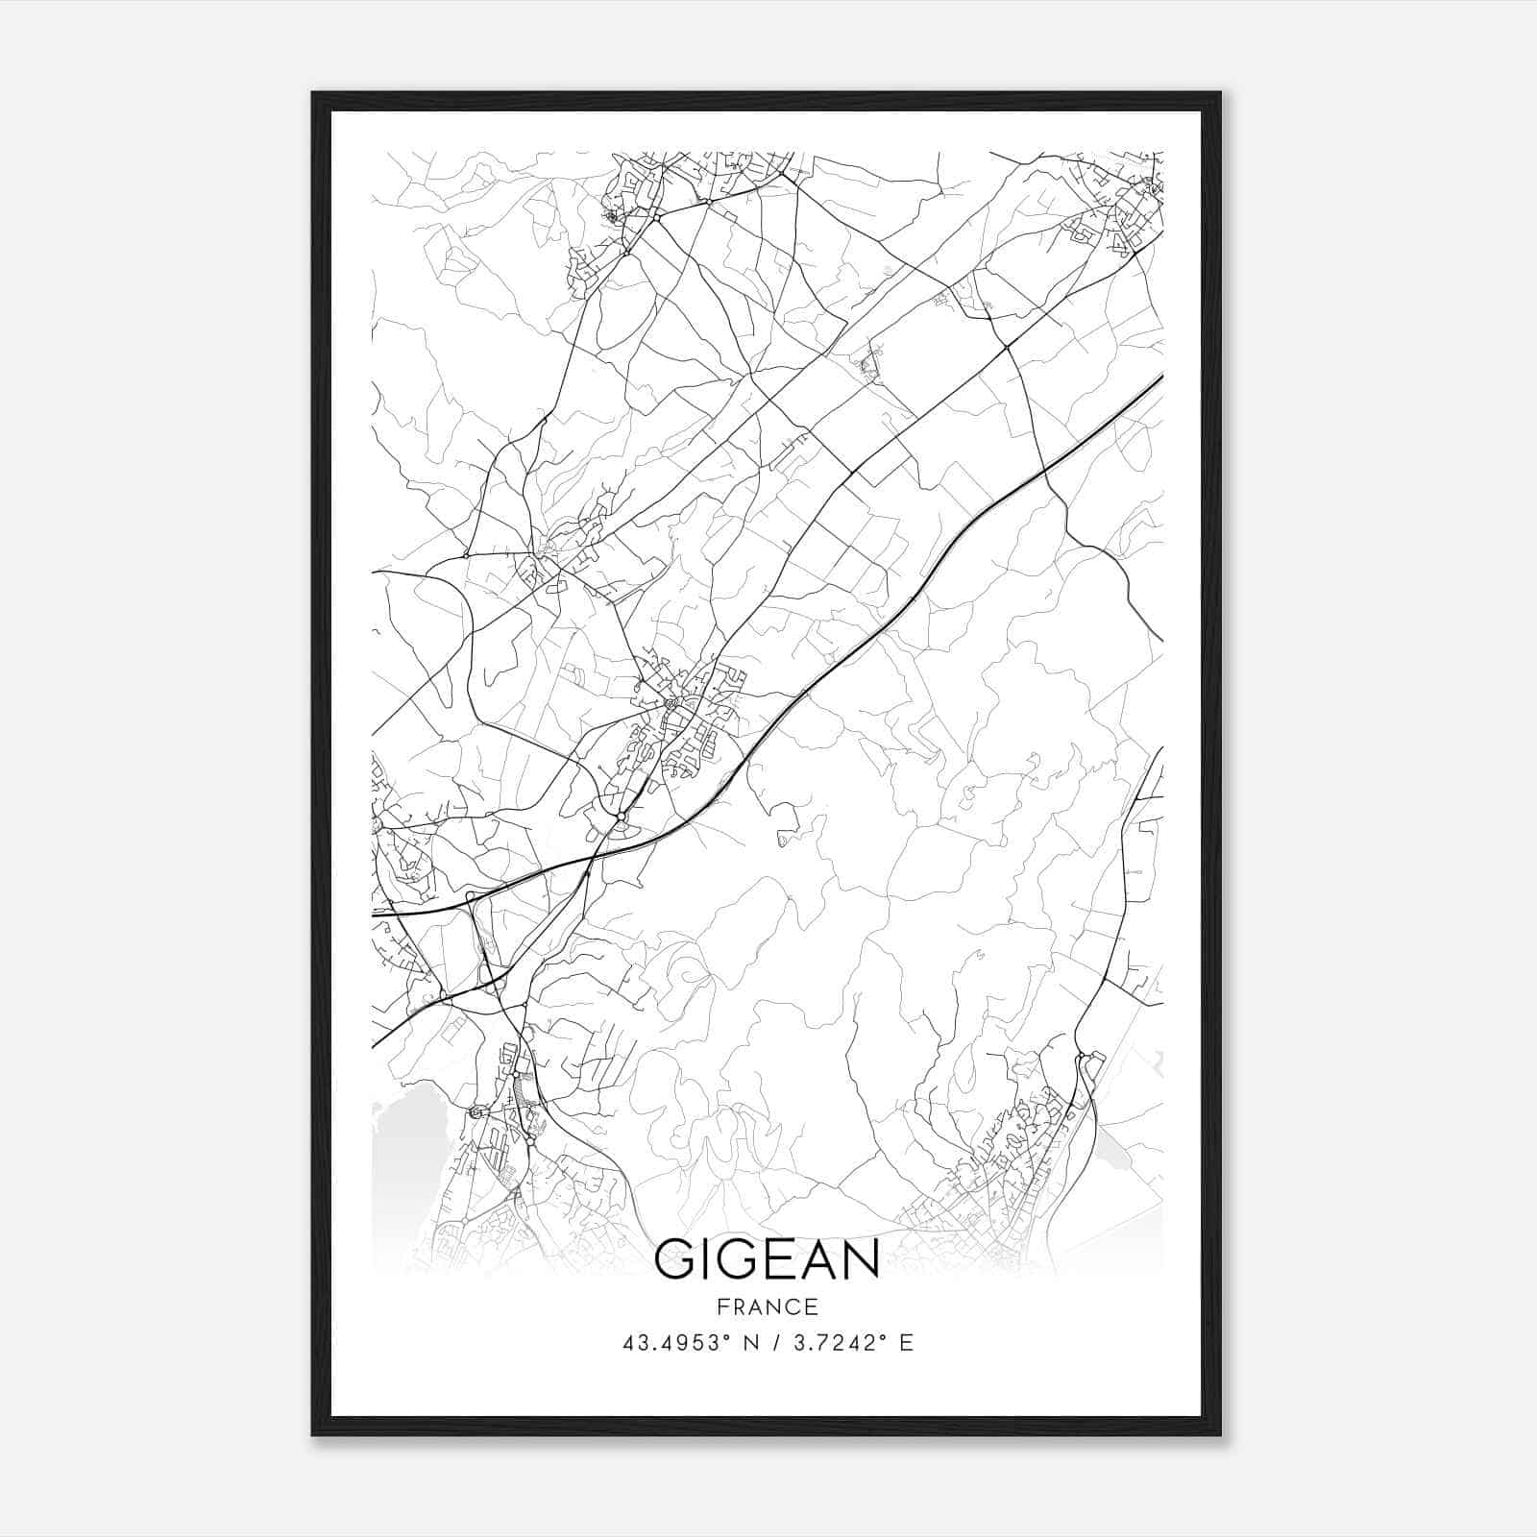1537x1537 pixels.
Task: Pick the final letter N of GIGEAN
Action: pyautogui.click(x=863, y=1260)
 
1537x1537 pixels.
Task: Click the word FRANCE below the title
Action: pyautogui.click(x=767, y=1306)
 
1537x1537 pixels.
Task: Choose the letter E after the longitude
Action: pyautogui.click(x=906, y=1343)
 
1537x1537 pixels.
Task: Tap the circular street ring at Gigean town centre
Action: pyautogui.click(x=671, y=703)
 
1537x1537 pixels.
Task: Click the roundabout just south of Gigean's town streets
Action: pyautogui.click(x=622, y=817)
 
